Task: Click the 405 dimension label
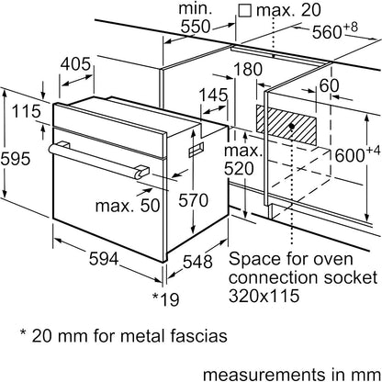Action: [x=75, y=64]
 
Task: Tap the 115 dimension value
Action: [x=27, y=111]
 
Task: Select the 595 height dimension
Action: [x=16, y=159]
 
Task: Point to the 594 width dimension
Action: [x=104, y=259]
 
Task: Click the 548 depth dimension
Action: [x=197, y=262]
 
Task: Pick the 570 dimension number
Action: [x=193, y=200]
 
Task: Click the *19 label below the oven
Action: [x=165, y=299]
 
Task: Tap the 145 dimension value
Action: [x=214, y=95]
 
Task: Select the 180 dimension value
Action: [x=248, y=70]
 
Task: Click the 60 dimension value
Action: [x=329, y=85]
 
